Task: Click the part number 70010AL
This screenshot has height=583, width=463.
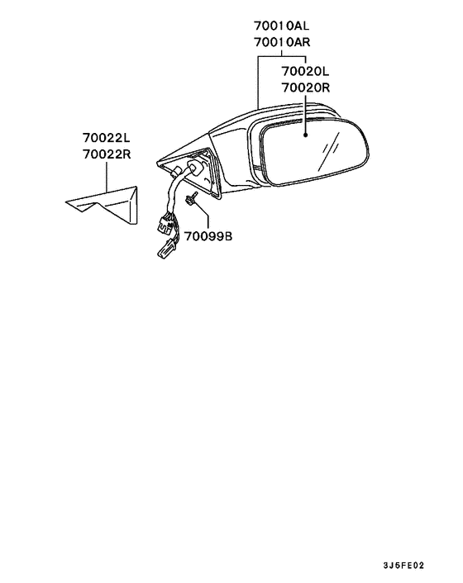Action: [x=281, y=26]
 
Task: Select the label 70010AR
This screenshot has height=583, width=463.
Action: [x=282, y=42]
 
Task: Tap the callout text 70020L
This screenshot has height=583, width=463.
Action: [x=305, y=71]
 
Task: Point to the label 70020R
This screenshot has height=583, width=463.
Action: [x=306, y=88]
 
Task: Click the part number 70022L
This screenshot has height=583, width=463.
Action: [x=107, y=138]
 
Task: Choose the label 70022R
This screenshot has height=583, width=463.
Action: [x=107, y=154]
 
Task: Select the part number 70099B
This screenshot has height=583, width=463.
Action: [x=208, y=236]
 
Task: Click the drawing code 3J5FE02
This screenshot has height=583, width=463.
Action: [x=403, y=566]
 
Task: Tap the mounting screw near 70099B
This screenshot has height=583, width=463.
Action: [x=190, y=199]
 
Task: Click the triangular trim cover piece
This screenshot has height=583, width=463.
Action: [x=108, y=205]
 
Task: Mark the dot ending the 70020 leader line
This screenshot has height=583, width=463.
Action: [x=305, y=135]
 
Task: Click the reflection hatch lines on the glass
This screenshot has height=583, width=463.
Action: [x=330, y=150]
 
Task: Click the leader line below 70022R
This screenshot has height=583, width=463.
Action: [x=106, y=177]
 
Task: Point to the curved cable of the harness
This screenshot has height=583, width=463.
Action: [x=175, y=193]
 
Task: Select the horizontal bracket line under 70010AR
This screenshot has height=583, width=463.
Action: [x=282, y=56]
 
